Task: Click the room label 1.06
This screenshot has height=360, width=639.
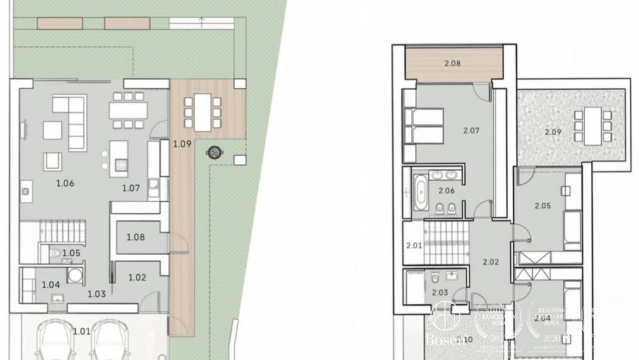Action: (x=65, y=184)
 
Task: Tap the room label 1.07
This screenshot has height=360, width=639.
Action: (x=131, y=188)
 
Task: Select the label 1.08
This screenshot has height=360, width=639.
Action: (x=136, y=237)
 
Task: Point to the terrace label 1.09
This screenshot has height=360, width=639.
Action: (x=182, y=143)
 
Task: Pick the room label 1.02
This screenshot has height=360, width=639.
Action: (x=137, y=277)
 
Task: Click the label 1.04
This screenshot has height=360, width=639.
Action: (x=51, y=284)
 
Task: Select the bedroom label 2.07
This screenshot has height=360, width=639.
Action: (x=472, y=131)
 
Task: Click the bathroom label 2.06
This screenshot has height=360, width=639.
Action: (x=447, y=191)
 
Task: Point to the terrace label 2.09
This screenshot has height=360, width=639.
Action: (x=553, y=133)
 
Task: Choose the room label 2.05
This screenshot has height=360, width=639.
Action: (x=543, y=205)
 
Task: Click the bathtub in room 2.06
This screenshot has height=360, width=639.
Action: (x=421, y=190)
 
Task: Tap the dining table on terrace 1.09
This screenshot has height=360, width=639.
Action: (x=202, y=111)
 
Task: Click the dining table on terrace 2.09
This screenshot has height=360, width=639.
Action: (x=592, y=125)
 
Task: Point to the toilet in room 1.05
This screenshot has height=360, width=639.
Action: (x=56, y=255)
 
